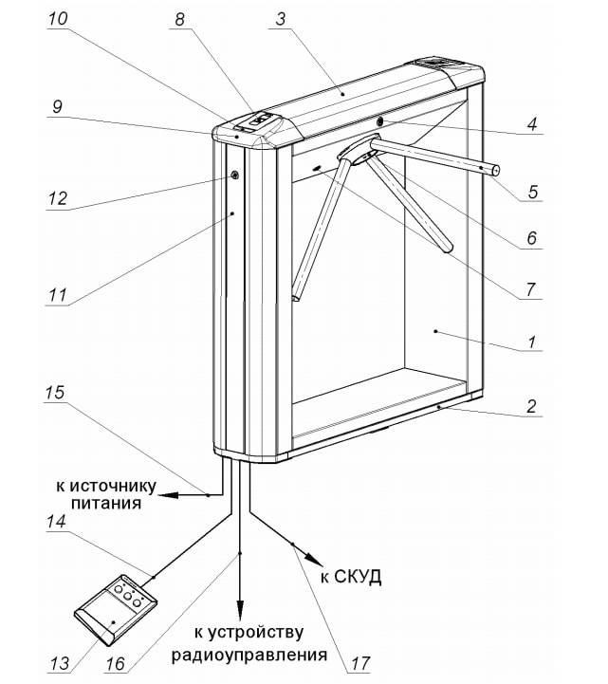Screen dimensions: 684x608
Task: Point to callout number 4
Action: click(x=534, y=124)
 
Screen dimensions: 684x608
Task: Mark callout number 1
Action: click(x=534, y=345)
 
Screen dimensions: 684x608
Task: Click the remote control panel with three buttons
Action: click(x=118, y=610)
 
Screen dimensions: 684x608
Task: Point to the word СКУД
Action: click(x=357, y=576)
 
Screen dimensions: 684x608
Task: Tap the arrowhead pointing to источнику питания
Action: click(x=163, y=495)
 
